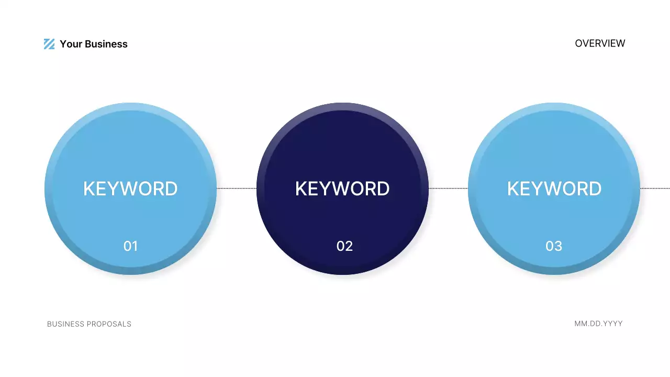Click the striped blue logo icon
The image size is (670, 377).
click(x=49, y=44)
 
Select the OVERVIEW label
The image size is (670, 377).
click(x=600, y=43)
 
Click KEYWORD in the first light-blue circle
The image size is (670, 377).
click(x=130, y=188)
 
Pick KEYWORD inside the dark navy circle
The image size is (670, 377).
click(x=342, y=188)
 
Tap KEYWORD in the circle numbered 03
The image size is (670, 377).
click(x=554, y=188)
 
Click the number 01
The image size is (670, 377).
click(x=130, y=246)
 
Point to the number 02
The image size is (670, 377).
click(x=344, y=246)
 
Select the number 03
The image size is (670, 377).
click(x=554, y=246)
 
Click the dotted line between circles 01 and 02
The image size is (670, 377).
click(x=237, y=188)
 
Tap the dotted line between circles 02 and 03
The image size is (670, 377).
click(x=448, y=188)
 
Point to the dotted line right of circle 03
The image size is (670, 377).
click(x=655, y=188)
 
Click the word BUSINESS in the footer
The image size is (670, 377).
click(x=65, y=324)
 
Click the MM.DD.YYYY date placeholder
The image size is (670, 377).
click(x=598, y=324)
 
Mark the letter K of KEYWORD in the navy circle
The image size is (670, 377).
click(x=301, y=188)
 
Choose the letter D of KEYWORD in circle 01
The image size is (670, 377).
click(x=171, y=188)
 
